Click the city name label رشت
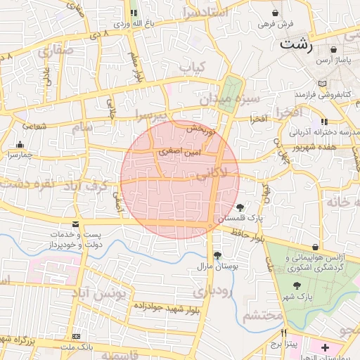pyautogui.click(x=296, y=44)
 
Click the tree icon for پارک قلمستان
pyautogui.click(x=241, y=207)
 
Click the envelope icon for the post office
pyautogui.click(x=76, y=224)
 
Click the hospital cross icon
pyautogui.click(x=325, y=347)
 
